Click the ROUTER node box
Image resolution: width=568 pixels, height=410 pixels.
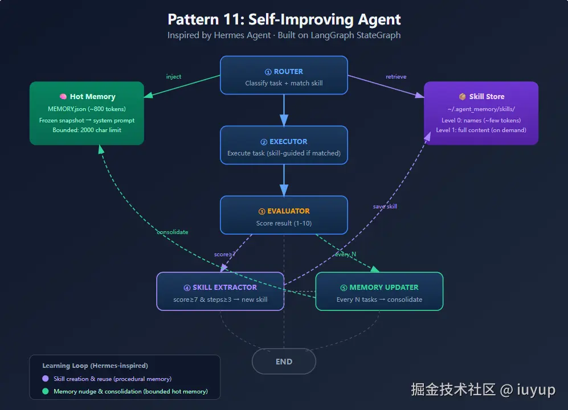tap(284, 75)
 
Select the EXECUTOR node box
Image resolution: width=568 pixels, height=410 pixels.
tap(284, 145)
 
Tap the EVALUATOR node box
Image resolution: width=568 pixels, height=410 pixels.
tap(284, 215)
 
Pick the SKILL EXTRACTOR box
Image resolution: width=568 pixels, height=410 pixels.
tap(220, 291)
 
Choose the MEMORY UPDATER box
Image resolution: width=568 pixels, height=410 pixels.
tap(379, 291)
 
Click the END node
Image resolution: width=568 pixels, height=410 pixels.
tap(284, 361)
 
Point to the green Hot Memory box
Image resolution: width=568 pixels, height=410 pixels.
tap(87, 113)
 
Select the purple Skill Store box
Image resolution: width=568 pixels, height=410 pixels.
tap(481, 113)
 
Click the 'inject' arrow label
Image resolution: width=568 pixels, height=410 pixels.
tap(174, 77)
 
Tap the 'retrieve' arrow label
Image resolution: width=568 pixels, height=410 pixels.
tap(396, 77)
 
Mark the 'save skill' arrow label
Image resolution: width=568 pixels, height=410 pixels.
tap(385, 206)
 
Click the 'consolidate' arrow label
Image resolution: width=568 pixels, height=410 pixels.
tap(173, 232)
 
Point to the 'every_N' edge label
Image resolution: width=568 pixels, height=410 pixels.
tap(346, 254)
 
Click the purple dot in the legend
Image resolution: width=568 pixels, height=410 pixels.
tap(46, 379)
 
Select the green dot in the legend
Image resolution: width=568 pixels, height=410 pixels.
tap(46, 391)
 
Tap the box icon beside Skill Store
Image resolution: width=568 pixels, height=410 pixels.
tap(462, 97)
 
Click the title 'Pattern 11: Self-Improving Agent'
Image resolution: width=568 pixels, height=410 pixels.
tap(284, 19)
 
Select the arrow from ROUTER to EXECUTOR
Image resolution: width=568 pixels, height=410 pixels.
tap(284, 109)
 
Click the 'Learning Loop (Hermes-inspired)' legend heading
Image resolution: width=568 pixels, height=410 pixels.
tap(95, 366)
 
